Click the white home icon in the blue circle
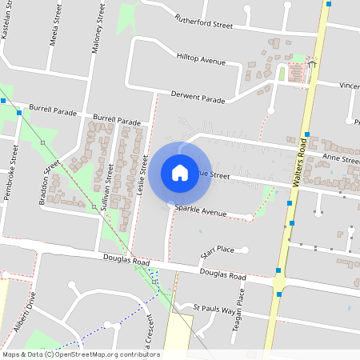(180, 172)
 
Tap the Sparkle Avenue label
(201, 212)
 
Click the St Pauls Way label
(216, 308)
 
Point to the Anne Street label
(341, 159)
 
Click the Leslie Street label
(145, 173)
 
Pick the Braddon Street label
(49, 182)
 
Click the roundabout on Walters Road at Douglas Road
(278, 282)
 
